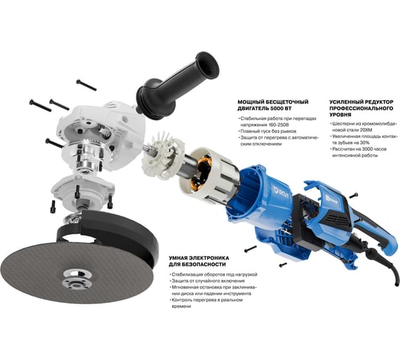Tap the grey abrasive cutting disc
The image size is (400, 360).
76,271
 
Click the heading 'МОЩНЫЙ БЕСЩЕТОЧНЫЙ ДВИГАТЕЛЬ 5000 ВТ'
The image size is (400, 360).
273,105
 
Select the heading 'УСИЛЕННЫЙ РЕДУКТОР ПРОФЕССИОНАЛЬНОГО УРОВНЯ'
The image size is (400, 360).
361,108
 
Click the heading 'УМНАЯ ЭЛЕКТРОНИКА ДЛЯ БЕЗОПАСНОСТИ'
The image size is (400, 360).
199,261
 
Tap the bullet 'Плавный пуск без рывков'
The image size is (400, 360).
268,131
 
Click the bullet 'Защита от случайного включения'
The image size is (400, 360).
208,281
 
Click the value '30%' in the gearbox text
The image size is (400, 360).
365,143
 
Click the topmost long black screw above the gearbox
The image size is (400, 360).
86,85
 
